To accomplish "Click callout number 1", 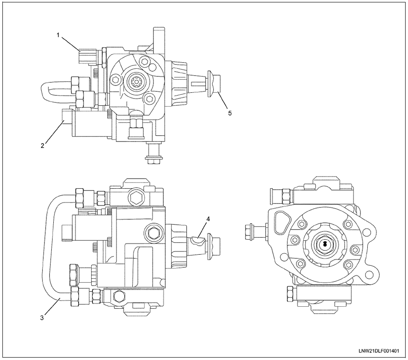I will (x=58, y=35).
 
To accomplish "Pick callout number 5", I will (x=230, y=113).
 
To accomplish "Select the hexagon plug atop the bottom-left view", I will (x=135, y=198).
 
